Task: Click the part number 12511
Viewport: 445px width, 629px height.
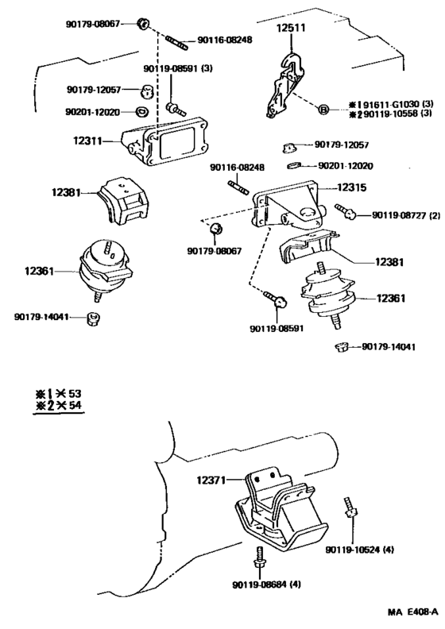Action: click(x=291, y=28)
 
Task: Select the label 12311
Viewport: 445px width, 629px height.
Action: click(x=87, y=141)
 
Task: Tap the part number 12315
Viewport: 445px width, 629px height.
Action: click(x=351, y=187)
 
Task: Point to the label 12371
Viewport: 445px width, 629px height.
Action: click(x=211, y=480)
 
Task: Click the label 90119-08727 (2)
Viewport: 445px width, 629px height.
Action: click(x=406, y=215)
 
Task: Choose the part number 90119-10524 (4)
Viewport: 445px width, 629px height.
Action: click(x=359, y=550)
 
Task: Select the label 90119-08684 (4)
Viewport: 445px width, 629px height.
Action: click(x=266, y=585)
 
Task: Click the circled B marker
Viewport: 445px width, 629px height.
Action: click(x=323, y=109)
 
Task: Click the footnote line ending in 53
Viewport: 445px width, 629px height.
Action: click(x=58, y=393)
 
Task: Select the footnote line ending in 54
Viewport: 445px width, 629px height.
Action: click(x=58, y=405)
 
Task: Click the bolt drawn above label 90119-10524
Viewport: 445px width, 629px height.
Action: click(x=350, y=507)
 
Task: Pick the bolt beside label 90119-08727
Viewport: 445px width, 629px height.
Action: click(x=345, y=211)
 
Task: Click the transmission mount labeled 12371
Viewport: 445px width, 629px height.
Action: click(x=281, y=508)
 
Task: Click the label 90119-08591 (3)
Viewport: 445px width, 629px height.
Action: click(x=178, y=68)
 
